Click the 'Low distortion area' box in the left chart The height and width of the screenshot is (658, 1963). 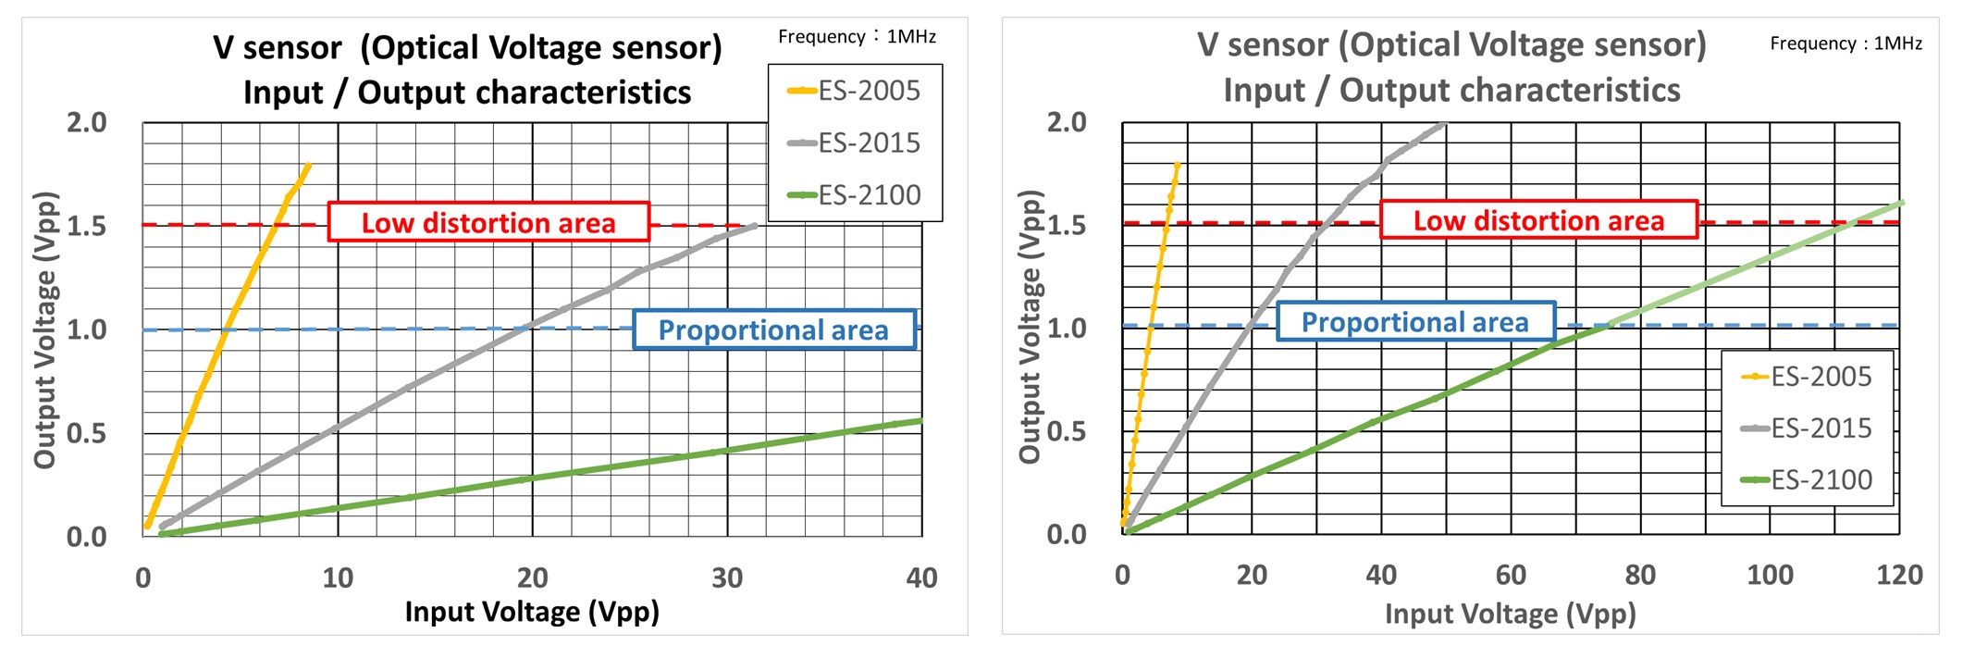click(x=488, y=222)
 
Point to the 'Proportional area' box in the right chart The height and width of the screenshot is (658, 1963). click(x=1415, y=322)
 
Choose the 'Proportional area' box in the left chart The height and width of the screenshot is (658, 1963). click(x=773, y=329)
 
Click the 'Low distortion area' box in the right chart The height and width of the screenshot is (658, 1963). click(x=1538, y=220)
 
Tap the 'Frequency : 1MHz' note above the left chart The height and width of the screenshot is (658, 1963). click(x=857, y=37)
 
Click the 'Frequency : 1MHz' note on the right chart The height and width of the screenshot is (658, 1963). click(x=1846, y=43)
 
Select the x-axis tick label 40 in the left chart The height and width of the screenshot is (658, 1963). click(x=921, y=577)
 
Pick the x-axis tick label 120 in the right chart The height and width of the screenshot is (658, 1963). click(x=1899, y=575)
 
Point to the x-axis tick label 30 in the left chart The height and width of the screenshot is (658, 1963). click(x=727, y=577)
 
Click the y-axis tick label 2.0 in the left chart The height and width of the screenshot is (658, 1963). click(x=87, y=122)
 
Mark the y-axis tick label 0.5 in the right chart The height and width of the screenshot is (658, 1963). click(x=1066, y=431)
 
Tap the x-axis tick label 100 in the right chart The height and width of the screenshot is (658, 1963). click(x=1770, y=575)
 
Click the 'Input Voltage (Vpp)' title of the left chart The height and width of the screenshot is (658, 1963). click(x=532, y=612)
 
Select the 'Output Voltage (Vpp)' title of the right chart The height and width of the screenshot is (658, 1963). click(x=1030, y=327)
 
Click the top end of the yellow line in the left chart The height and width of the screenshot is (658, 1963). click(x=308, y=166)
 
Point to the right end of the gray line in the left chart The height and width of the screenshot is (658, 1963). click(x=755, y=225)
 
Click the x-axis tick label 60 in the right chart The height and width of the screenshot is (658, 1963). click(x=1511, y=575)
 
